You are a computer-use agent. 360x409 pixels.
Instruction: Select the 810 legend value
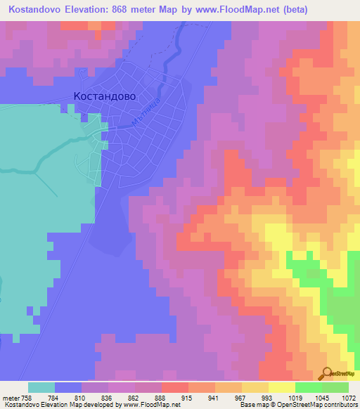click(68, 398)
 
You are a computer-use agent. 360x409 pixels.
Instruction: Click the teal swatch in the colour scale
click(41, 387)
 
